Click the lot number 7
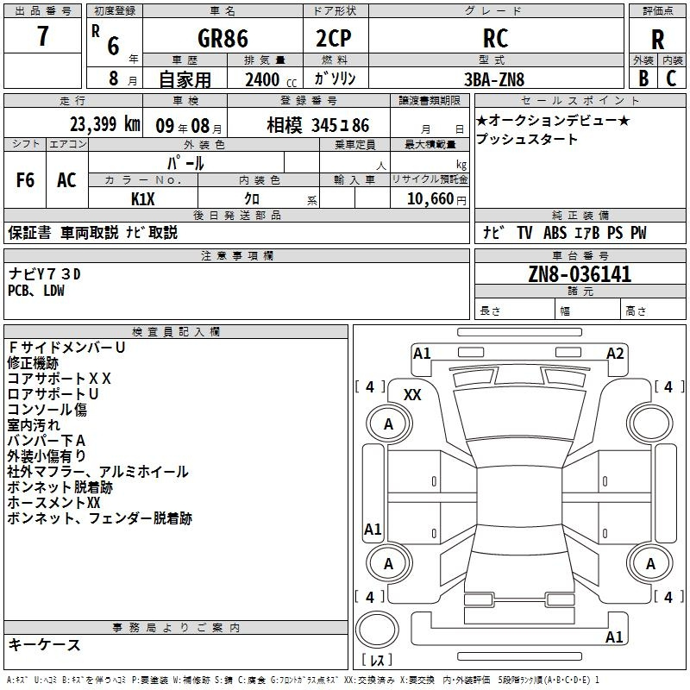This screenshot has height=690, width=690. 43,39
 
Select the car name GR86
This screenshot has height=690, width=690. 223,39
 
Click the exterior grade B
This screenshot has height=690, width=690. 643,78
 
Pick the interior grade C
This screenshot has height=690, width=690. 672,78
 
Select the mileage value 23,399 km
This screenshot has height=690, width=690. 104,124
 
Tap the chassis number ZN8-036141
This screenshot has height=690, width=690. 580,275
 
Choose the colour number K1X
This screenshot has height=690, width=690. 143,198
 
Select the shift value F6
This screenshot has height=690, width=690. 26,180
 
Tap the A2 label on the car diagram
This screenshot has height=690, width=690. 615,353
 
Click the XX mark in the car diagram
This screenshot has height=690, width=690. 412,394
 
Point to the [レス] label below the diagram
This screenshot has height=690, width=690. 377,661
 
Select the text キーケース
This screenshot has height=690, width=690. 45,644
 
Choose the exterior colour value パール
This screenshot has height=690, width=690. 185,163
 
